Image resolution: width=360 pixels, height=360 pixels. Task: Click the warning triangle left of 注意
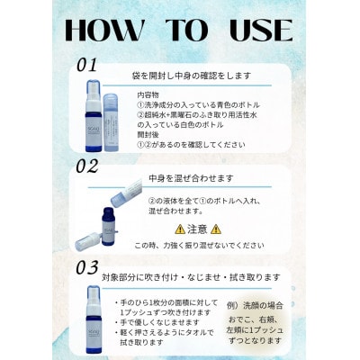coord(180,229)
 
